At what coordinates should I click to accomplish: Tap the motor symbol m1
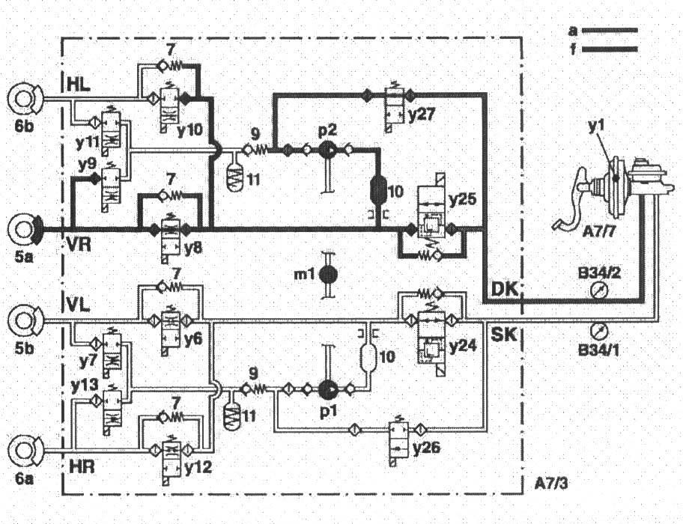327,274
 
